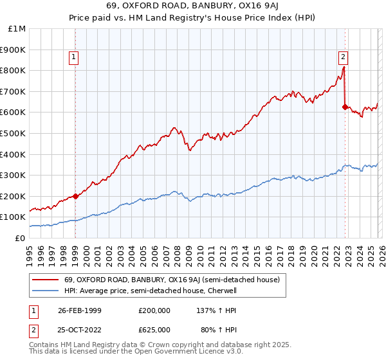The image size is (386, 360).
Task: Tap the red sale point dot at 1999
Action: click(75, 196)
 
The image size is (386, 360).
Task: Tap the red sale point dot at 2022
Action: click(345, 107)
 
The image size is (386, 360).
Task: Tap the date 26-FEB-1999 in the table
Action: click(75, 310)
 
